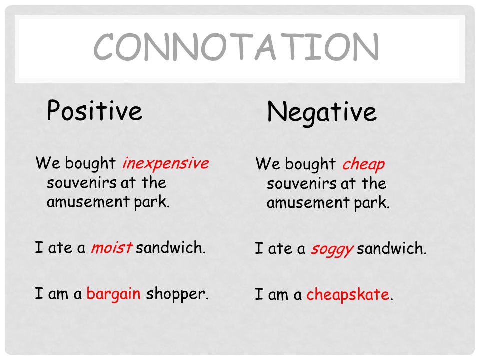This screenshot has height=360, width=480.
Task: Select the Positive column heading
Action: click(94, 111)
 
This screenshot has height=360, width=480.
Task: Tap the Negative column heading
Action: click(321, 112)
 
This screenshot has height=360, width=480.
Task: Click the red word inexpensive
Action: click(165, 163)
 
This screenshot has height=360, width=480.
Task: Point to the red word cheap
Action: click(363, 164)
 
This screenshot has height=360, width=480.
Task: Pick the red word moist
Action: click(111, 248)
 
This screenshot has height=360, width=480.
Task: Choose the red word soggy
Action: click(331, 249)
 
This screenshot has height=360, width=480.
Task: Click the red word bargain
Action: click(113, 293)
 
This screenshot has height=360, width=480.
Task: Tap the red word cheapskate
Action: click(347, 295)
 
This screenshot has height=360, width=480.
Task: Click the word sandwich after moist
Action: click(170, 248)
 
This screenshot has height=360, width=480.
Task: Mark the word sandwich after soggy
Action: click(391, 249)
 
